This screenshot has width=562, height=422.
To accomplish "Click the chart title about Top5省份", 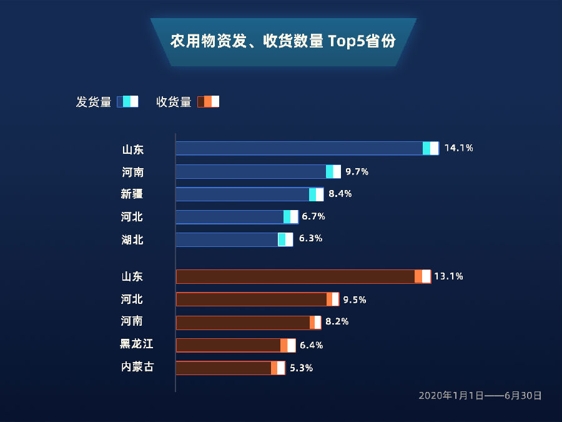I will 283,42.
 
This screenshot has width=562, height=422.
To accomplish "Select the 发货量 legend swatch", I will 127,102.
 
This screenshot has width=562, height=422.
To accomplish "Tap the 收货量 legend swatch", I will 208,102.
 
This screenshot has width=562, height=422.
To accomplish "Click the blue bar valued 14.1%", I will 307,148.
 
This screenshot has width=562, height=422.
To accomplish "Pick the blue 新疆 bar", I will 249,194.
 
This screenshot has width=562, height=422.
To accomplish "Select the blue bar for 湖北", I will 234,239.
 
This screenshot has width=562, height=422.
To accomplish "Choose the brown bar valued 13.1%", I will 303,276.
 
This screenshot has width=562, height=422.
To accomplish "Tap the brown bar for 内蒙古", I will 230,368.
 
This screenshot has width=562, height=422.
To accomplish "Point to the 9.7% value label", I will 357,171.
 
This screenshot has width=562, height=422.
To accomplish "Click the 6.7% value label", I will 313,216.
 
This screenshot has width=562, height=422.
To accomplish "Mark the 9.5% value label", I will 355,299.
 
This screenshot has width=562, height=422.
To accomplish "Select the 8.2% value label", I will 337,321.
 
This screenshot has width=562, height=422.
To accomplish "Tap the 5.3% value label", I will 301,368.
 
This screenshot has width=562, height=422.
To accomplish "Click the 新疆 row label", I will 132,194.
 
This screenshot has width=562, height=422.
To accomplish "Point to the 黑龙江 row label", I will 137,344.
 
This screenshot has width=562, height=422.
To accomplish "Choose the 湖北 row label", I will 132,239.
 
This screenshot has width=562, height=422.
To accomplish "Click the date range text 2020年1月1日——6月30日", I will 480,395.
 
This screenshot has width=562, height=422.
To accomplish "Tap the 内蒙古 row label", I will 137,367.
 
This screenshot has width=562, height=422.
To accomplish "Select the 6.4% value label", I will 311,345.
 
